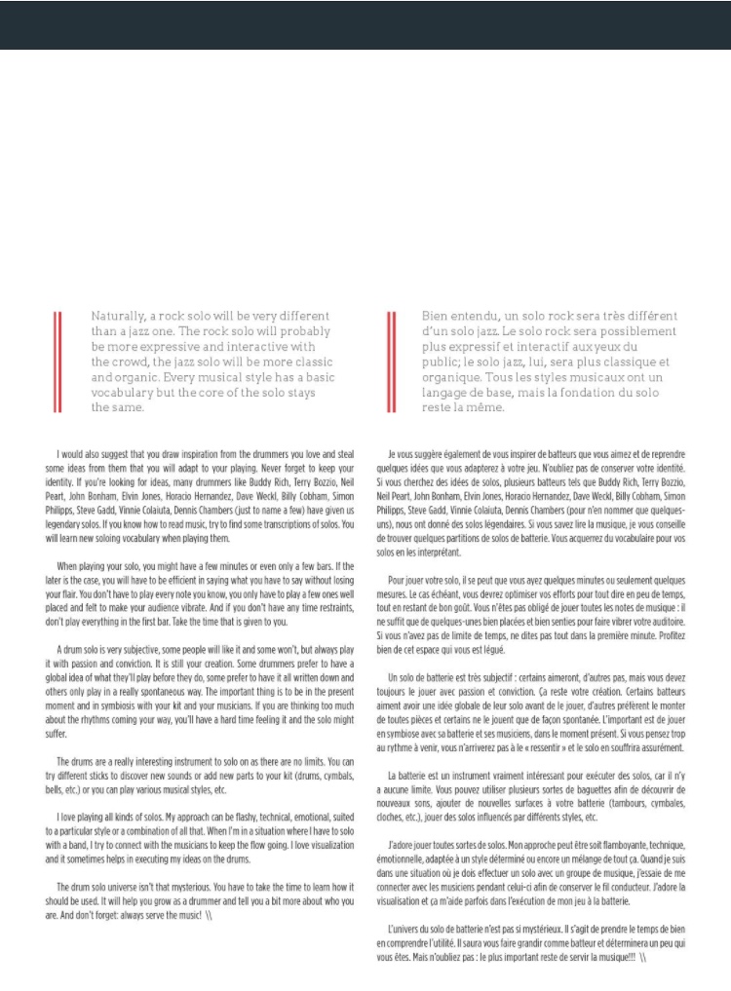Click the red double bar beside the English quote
pos(58,362)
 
